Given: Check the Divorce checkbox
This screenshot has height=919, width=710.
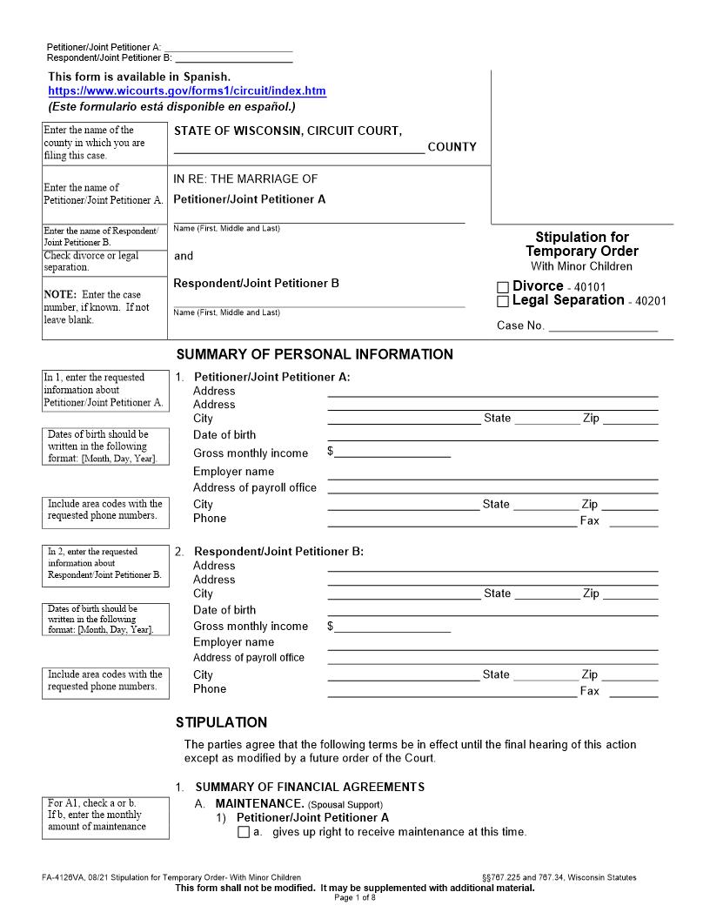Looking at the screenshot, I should point(503,287).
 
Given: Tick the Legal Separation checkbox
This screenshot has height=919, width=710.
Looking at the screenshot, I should point(503,301).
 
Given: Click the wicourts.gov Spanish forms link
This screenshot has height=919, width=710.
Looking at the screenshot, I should point(186,91).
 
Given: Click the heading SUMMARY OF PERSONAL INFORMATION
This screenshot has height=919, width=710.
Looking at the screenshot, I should point(314,354).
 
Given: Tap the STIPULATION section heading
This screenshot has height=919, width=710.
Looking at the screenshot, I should point(221,722).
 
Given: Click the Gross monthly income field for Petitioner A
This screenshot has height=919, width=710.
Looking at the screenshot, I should point(392,452).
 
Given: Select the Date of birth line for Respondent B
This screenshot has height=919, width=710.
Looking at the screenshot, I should point(492,610).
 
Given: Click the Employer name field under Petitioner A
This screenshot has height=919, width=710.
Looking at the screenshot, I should point(492,472).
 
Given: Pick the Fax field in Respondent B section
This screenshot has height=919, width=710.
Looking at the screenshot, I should point(639,691).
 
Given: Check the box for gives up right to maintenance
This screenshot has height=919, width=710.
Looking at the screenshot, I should point(244,832).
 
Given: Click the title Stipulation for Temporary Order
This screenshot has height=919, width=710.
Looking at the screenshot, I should point(581,245).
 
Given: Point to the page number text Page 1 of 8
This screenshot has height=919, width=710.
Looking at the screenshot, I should point(355,897).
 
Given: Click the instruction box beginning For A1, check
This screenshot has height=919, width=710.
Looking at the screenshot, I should point(105,815).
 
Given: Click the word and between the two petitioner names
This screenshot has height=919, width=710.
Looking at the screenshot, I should point(184,256).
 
